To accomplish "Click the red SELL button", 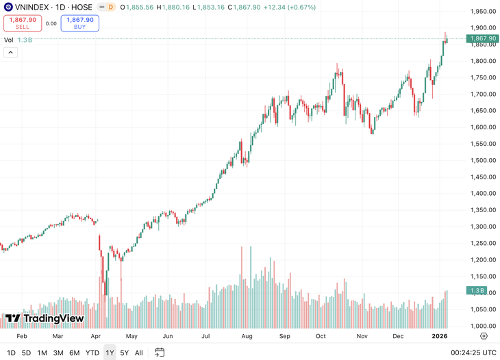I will tap(23, 23).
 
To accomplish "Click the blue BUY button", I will tap(79, 23).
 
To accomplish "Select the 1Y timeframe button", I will tap(110, 353).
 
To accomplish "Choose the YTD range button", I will tap(92, 353).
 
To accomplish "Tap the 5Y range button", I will tap(124, 353).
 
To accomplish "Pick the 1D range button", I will tap(11, 353).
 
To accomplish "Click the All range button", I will tap(139, 353).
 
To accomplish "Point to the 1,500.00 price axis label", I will tap(482, 160).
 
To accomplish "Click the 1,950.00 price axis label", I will tap(482, 12).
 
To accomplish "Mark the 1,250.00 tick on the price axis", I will tap(482, 243).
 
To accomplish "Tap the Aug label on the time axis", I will tap(247, 337).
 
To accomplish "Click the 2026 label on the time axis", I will tap(439, 337).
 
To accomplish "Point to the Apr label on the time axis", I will tap(96, 337).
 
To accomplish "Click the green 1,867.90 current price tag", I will tap(483, 39).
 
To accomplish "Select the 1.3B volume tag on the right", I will tap(477, 291).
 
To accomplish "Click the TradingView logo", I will tap(45, 318).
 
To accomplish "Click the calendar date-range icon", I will tap(160, 352).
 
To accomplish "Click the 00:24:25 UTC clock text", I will tap(474, 353).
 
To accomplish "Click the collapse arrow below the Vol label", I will tap(10, 53).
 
